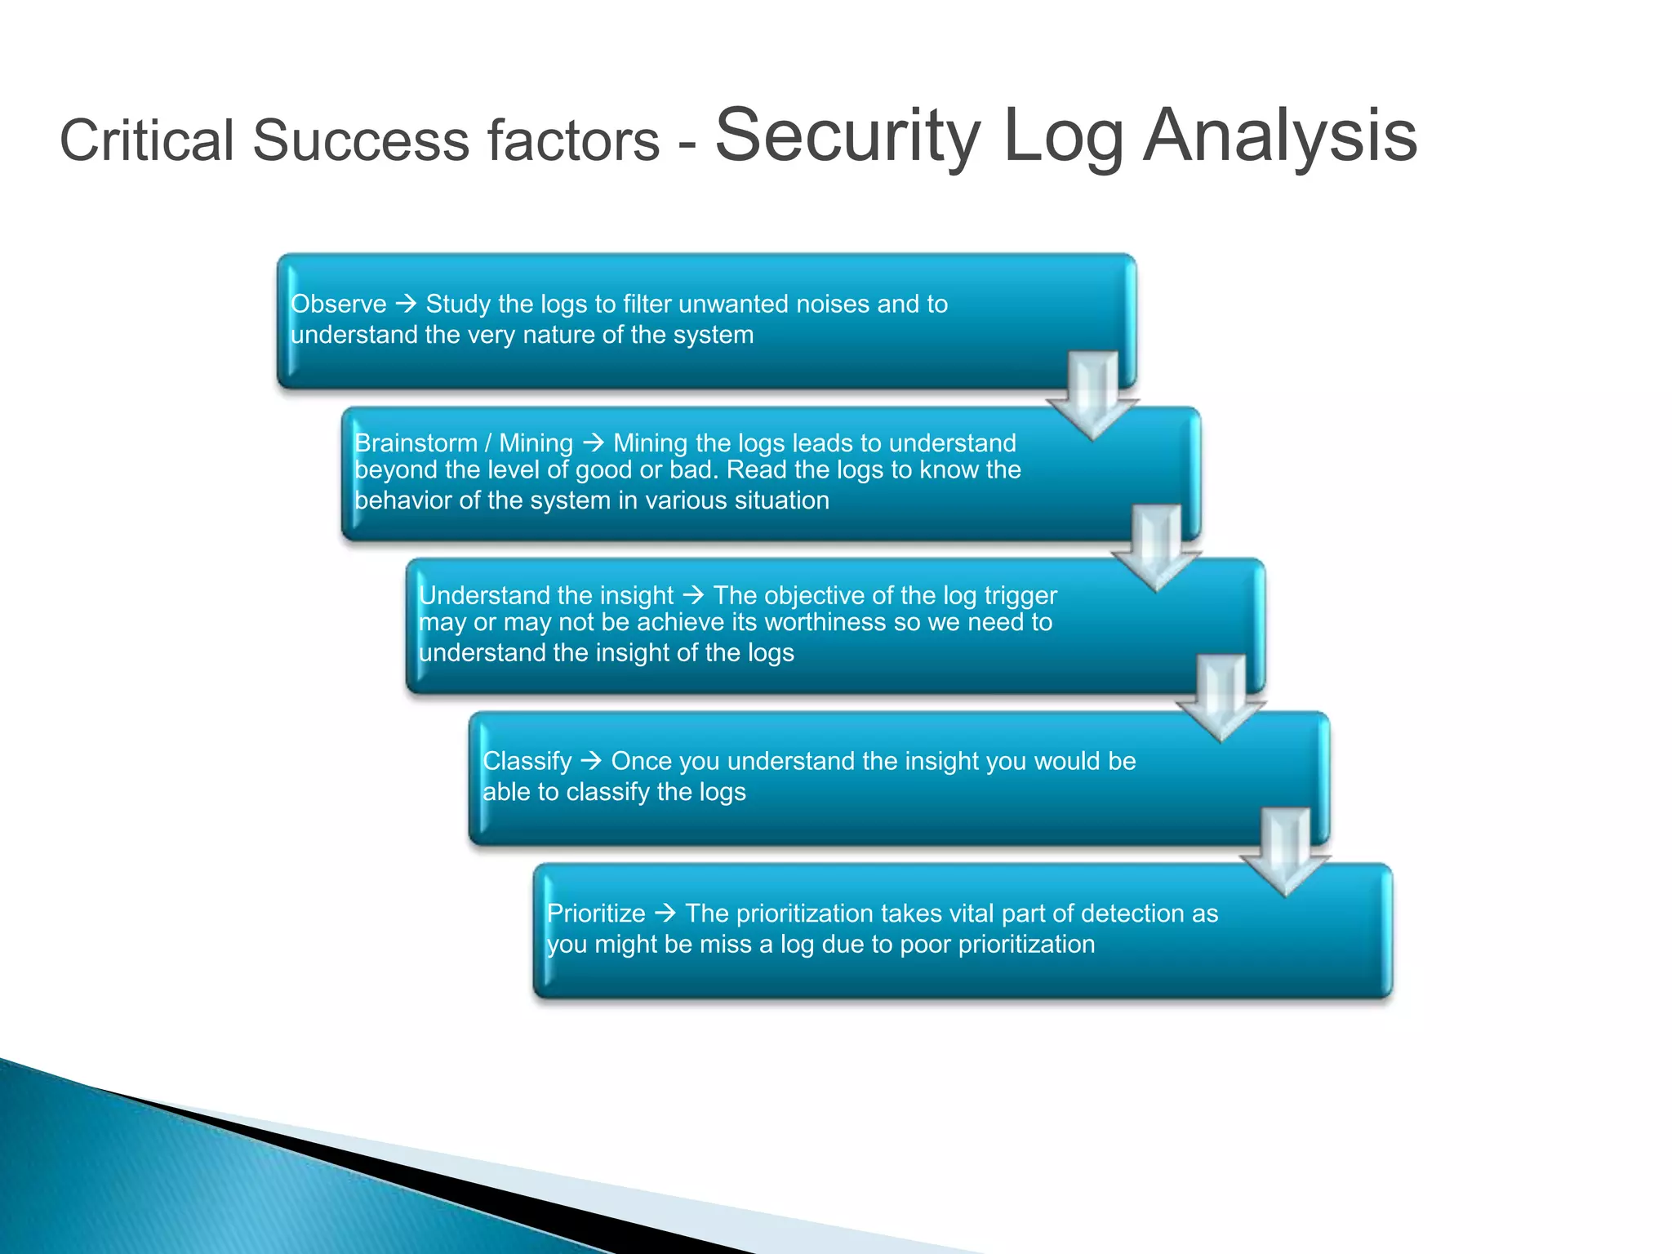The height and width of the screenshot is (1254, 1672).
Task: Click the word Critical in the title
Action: click(x=147, y=140)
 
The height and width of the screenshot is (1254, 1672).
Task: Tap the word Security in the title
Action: click(x=847, y=136)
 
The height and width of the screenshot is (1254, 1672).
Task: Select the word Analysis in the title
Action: click(x=1279, y=136)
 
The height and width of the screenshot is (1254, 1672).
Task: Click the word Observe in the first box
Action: click(x=338, y=305)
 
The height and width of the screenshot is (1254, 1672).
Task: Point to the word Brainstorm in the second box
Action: click(x=416, y=443)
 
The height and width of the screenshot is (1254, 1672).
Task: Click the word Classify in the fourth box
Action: click(x=527, y=761)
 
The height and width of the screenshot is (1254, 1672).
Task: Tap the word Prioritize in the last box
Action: click(x=596, y=914)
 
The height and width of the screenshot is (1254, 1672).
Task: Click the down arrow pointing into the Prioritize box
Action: click(x=1285, y=852)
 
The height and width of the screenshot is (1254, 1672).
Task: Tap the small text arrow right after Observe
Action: click(x=406, y=305)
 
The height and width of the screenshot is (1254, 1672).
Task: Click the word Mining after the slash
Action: click(x=536, y=443)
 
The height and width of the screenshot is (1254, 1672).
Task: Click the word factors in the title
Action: click(x=573, y=140)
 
